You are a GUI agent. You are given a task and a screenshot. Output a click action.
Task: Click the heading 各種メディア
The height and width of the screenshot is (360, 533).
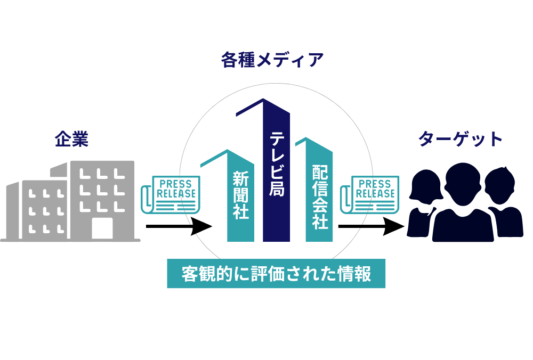click(272, 60)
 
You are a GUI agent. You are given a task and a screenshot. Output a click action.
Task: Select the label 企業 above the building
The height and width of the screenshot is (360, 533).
click(71, 140)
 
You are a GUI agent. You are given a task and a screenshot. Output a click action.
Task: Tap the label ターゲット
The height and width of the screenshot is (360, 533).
click(461, 139)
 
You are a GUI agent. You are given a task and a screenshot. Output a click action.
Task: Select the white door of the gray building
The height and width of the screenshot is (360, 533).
click(102, 228)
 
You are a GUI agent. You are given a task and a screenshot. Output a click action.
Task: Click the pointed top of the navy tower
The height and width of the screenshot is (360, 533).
click(262, 102)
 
